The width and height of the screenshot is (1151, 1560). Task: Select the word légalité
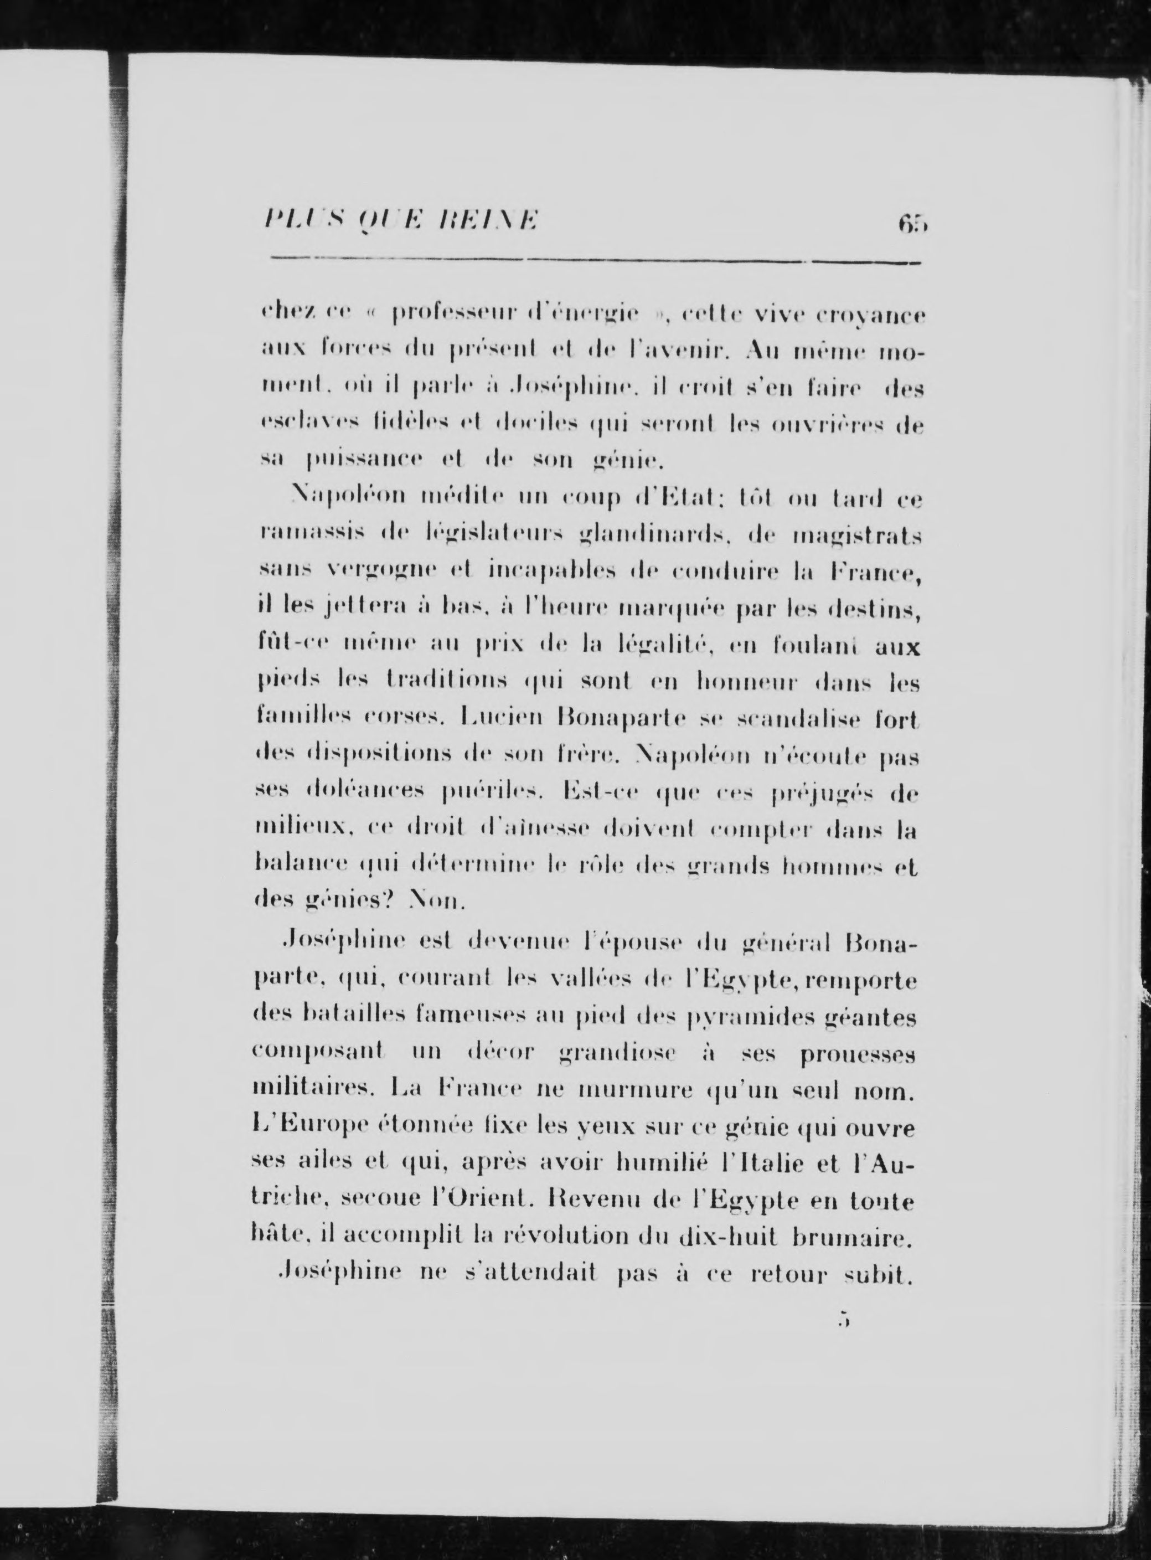pos(665,647)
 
